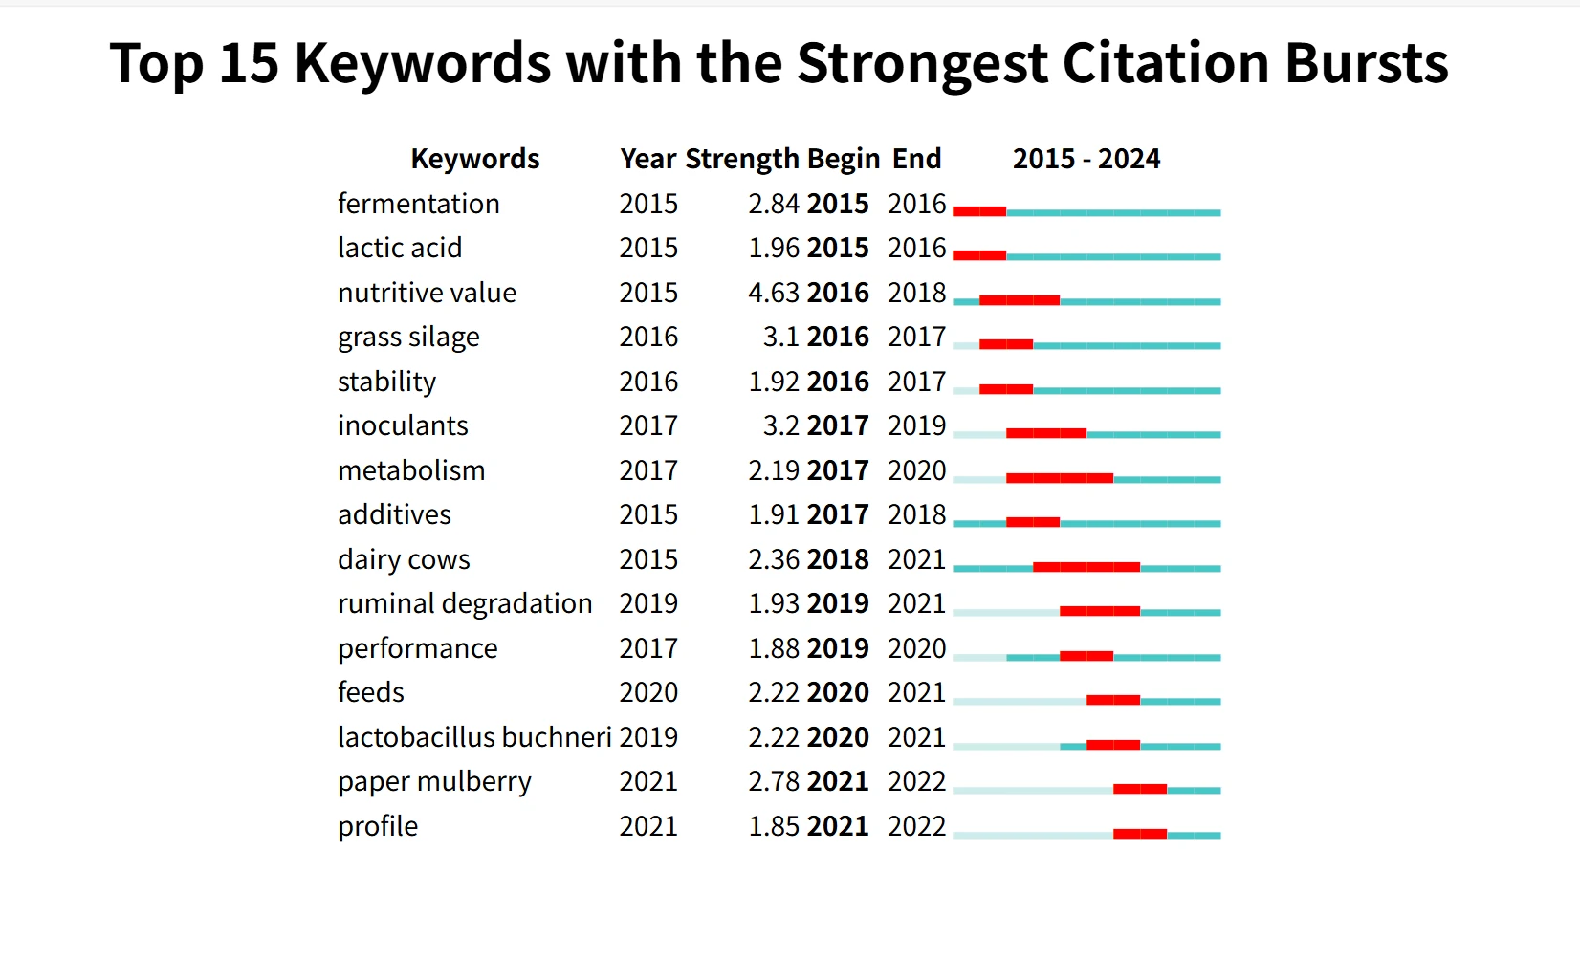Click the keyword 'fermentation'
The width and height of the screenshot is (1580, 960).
click(x=418, y=204)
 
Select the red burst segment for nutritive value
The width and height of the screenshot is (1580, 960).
click(x=1019, y=300)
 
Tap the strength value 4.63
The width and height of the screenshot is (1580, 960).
click(x=773, y=293)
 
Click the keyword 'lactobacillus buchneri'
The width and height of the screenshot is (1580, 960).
click(x=473, y=737)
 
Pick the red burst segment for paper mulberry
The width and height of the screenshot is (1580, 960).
click(x=1139, y=789)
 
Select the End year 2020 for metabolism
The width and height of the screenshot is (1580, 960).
click(x=916, y=470)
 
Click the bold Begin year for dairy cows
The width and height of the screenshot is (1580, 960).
click(x=838, y=559)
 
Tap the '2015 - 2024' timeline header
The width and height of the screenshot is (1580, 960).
click(x=1086, y=159)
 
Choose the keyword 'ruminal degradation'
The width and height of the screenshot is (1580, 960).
click(x=465, y=603)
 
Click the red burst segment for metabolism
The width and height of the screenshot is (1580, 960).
click(x=1059, y=478)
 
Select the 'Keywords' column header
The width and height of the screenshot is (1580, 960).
click(x=474, y=159)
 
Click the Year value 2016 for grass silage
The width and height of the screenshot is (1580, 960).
click(x=647, y=337)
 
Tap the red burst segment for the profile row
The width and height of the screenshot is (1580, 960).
click(x=1139, y=834)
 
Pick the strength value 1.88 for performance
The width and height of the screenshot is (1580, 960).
click(x=773, y=648)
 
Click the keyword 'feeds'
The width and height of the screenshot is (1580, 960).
click(x=371, y=692)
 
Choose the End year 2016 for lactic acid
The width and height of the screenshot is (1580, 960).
click(x=916, y=248)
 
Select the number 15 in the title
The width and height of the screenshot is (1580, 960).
click(x=249, y=63)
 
